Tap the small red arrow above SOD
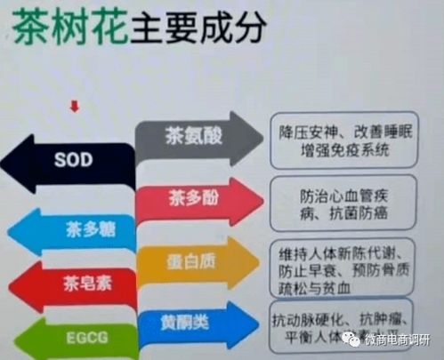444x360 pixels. pyautogui.click(x=75, y=107)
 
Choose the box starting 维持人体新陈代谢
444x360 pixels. pyautogui.click(x=339, y=263)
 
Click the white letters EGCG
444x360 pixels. pyautogui.click(x=76, y=339)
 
